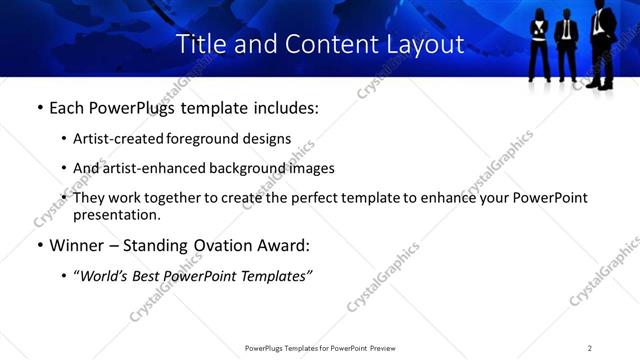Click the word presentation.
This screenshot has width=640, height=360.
tap(116, 214)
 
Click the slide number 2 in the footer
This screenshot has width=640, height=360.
tap(589, 348)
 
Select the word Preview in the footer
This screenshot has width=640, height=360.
tap(388, 348)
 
